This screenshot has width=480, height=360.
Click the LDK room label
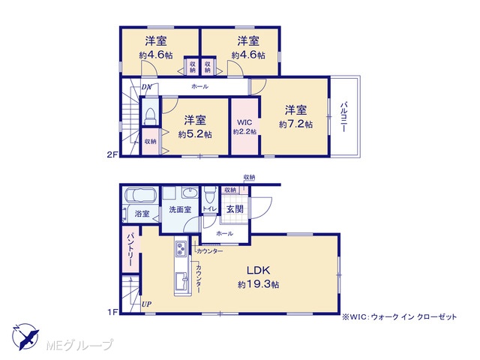(x=258, y=270)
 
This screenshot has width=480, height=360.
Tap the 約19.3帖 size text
(x=258, y=284)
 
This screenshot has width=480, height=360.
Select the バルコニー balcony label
(x=343, y=117)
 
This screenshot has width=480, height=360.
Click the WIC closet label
(x=244, y=122)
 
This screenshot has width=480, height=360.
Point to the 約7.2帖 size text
(x=295, y=124)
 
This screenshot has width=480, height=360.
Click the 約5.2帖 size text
(x=195, y=134)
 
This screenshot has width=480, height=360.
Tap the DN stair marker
(x=146, y=87)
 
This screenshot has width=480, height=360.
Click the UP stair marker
(x=146, y=304)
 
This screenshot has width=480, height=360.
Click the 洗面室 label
(x=180, y=210)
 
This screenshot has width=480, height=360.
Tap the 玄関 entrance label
(x=235, y=209)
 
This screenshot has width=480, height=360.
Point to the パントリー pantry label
(x=130, y=249)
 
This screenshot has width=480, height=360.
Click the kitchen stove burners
(x=180, y=248)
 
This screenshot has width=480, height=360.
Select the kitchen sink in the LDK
(x=181, y=283)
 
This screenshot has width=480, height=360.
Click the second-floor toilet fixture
(x=150, y=116)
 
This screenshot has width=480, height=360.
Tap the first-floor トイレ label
(x=210, y=208)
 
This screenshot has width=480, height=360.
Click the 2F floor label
(x=112, y=154)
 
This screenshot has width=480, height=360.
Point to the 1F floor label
(x=112, y=312)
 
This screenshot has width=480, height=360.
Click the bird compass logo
(x=25, y=337)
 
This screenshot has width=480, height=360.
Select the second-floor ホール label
(x=200, y=87)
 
